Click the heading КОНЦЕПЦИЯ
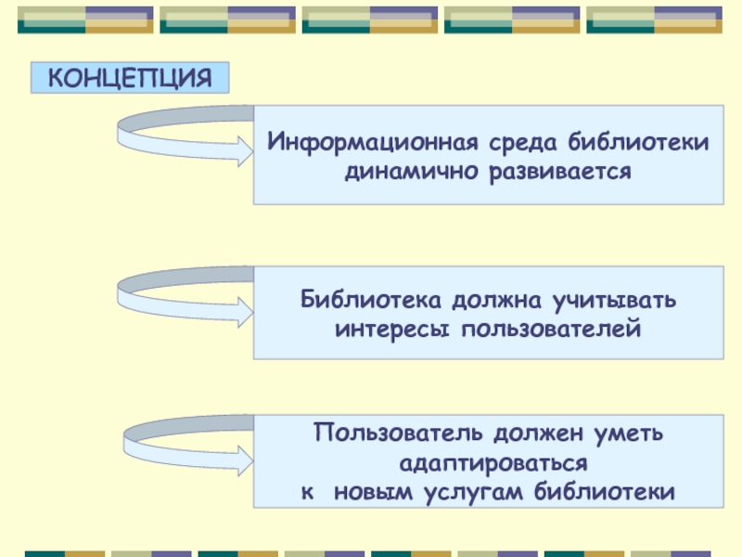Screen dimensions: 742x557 pos(130,78)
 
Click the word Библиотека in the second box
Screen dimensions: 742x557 pos(370,301)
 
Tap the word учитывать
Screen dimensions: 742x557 pos(617,301)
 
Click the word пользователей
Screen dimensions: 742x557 pos(547,328)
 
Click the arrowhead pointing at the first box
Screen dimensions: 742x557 pos(245,150)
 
